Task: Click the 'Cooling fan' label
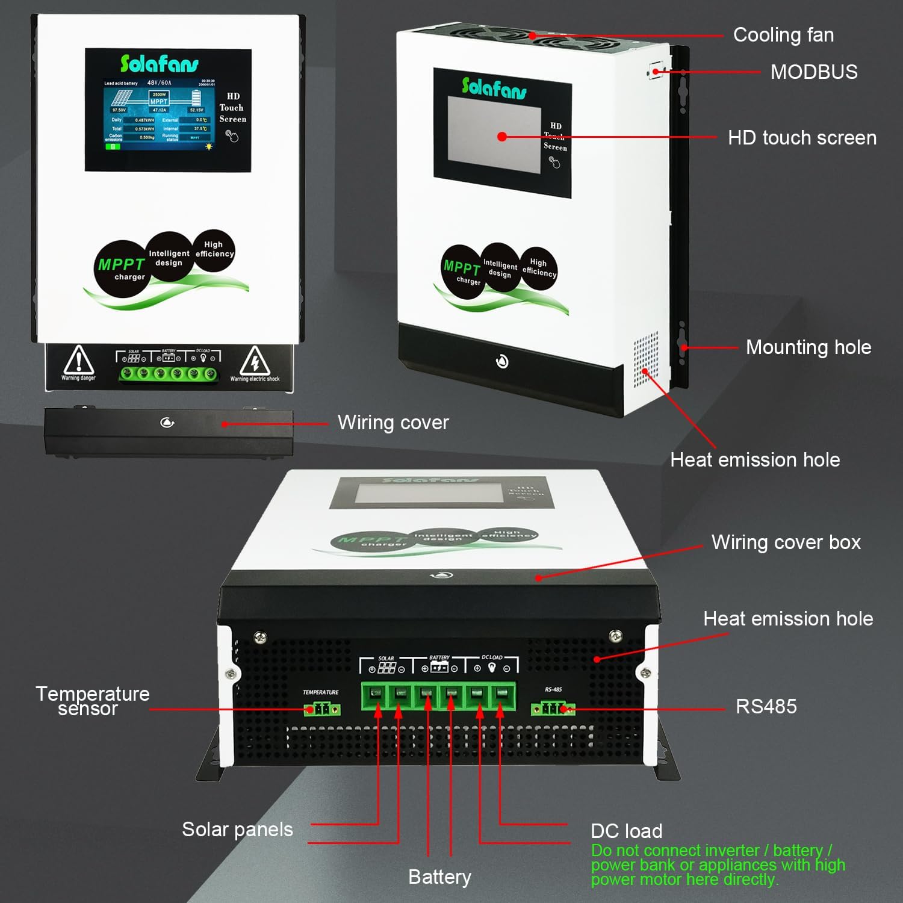(x=783, y=35)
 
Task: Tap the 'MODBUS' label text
(x=814, y=72)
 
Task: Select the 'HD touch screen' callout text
(x=802, y=138)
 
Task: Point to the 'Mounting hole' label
(x=808, y=347)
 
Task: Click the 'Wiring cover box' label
(x=786, y=542)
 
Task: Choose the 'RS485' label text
(x=766, y=706)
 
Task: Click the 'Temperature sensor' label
(x=92, y=701)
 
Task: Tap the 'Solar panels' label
(x=237, y=830)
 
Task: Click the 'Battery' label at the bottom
(x=439, y=877)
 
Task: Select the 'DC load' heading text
(x=626, y=831)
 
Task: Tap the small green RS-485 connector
(x=553, y=708)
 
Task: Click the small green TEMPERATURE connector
(x=322, y=709)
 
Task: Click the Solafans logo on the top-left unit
(x=159, y=64)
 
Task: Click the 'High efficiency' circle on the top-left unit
(x=214, y=249)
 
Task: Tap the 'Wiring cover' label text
(x=393, y=423)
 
